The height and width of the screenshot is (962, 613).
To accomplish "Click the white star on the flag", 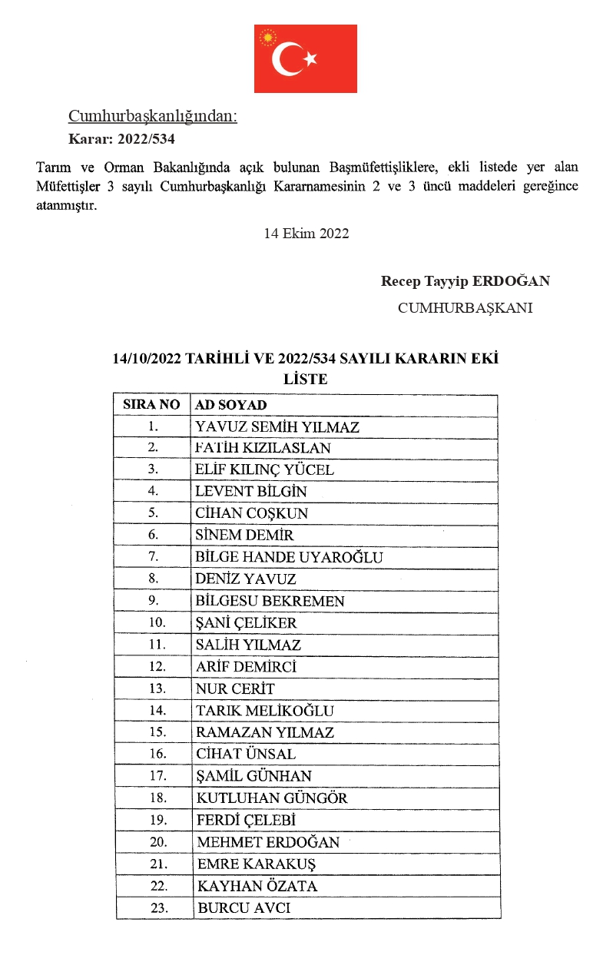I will (x=310, y=59).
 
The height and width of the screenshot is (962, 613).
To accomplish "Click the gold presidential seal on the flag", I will (x=268, y=36).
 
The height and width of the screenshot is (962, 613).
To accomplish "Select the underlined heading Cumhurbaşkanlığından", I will (x=153, y=116).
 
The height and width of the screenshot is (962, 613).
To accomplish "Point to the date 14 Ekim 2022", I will (x=306, y=234).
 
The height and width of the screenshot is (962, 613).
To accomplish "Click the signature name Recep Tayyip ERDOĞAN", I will (x=465, y=281).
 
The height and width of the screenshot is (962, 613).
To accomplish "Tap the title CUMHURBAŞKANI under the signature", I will (x=465, y=308).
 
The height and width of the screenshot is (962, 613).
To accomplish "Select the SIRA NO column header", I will (x=151, y=405).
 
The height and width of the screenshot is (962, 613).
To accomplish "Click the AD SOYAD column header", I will (x=231, y=405).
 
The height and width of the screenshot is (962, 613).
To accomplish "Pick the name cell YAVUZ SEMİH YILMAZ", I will (x=277, y=427).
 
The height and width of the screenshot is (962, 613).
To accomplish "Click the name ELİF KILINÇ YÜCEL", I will (x=264, y=470).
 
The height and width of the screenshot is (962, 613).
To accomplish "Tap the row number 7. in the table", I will (x=153, y=558).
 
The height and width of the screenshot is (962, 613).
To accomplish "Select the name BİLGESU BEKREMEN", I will (x=270, y=602).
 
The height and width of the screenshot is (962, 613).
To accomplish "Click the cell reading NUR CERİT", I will (x=234, y=689).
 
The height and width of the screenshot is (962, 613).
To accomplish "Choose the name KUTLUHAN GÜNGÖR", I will (x=272, y=798).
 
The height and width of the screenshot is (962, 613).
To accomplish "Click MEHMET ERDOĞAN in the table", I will (x=268, y=842).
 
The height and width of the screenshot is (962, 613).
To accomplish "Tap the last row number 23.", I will (x=159, y=908).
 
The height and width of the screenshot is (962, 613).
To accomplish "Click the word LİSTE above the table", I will (x=306, y=379).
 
